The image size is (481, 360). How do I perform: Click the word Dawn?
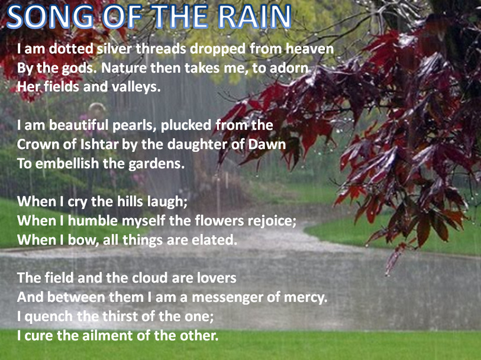(270, 144)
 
